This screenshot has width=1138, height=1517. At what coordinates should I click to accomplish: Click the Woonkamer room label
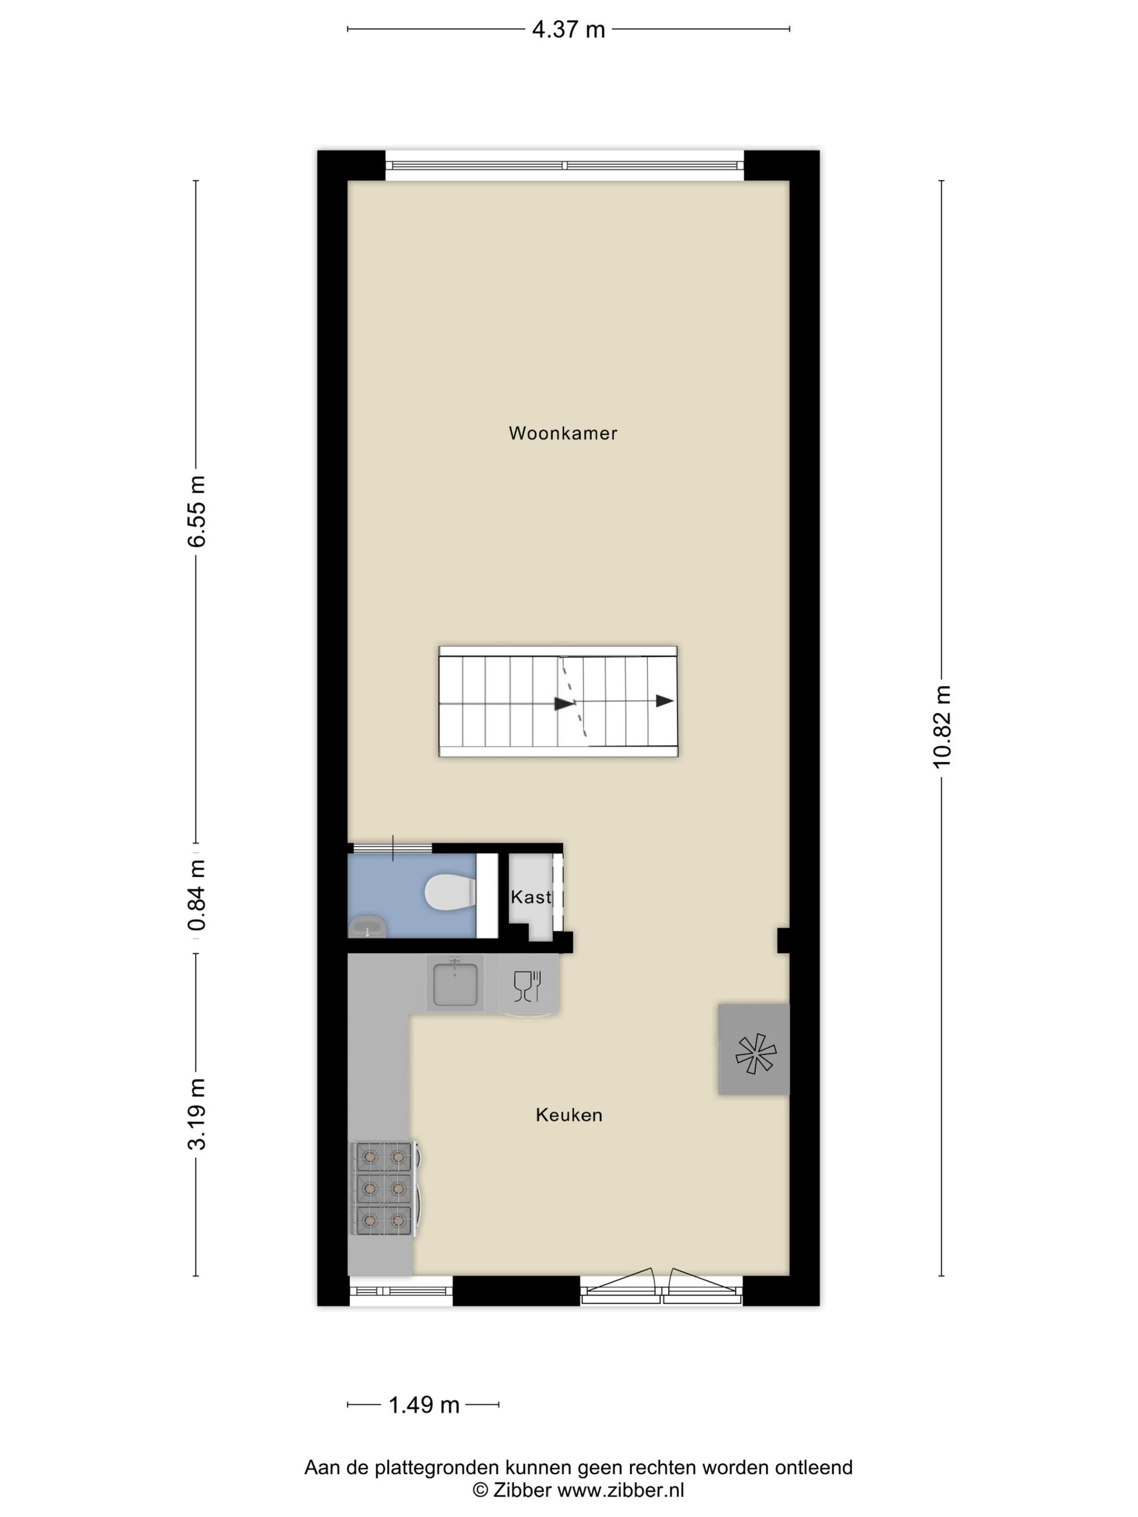(x=562, y=433)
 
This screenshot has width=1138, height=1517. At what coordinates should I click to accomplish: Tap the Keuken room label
(x=568, y=1114)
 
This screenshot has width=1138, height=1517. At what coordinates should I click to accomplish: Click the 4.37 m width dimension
(x=568, y=29)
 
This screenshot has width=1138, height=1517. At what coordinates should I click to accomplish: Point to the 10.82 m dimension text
(x=942, y=727)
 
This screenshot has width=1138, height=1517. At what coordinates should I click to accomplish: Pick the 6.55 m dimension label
(x=197, y=511)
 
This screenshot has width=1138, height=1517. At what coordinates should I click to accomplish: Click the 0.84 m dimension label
(x=197, y=895)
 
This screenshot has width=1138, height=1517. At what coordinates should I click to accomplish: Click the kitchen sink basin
(x=455, y=983)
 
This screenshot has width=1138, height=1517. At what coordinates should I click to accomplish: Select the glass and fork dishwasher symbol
(x=527, y=986)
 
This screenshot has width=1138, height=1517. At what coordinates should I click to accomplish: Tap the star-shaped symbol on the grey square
(x=755, y=1053)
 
